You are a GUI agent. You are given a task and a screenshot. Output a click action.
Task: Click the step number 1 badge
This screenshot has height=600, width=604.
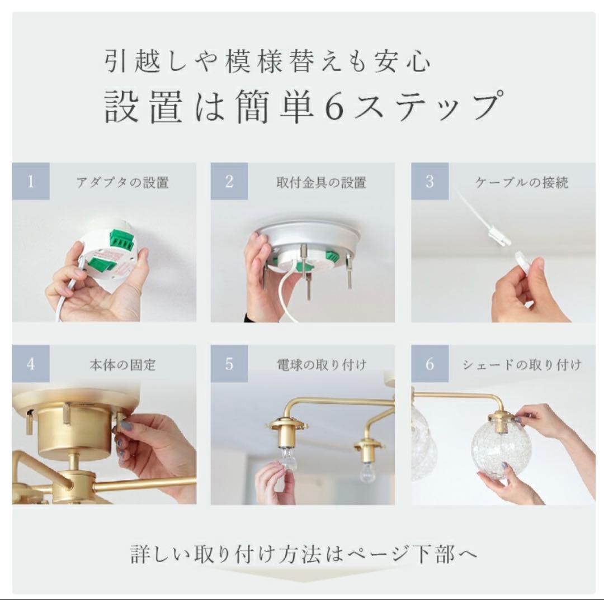tap(31, 181)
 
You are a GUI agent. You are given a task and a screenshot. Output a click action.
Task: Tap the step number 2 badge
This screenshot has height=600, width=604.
tap(229, 181)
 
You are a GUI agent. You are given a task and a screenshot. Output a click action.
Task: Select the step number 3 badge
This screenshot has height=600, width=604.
tap(430, 181)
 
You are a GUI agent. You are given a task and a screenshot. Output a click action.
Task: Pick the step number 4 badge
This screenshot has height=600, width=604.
tap(31, 364)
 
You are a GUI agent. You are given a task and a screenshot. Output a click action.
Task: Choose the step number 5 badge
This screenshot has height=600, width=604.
tap(229, 364)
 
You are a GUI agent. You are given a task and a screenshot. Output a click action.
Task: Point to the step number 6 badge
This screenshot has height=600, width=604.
tap(430, 364)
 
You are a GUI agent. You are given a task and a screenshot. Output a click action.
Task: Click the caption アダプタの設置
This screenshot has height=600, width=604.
tap(122, 183)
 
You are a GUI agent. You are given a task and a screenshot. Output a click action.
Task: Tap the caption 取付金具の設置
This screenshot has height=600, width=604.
tap(321, 183)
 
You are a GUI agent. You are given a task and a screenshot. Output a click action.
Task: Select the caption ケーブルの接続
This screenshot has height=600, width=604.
tap(522, 183)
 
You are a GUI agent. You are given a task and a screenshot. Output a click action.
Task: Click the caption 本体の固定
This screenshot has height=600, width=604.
tap(122, 364)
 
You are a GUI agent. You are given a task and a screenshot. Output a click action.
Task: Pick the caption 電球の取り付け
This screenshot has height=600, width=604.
tap(321, 364)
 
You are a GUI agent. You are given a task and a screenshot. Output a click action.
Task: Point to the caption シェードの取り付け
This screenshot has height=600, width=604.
tap(522, 364)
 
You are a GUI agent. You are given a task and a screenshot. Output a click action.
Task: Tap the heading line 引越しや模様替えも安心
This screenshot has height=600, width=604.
tap(267, 61)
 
